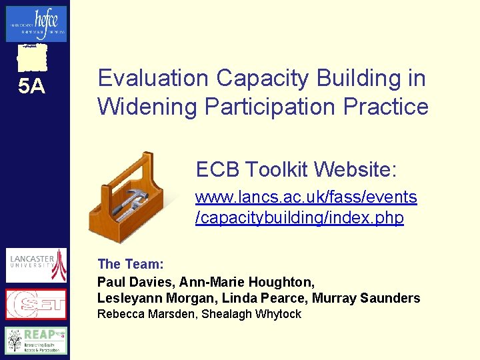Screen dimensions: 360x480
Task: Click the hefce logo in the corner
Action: (x=36, y=23)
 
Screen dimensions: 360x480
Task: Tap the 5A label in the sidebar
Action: (x=31, y=86)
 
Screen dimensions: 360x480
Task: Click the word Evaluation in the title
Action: (x=153, y=79)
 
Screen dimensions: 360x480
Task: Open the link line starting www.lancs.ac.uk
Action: (x=305, y=197)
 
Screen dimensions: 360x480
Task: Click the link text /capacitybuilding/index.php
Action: (x=299, y=219)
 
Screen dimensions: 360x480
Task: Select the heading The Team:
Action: (x=131, y=264)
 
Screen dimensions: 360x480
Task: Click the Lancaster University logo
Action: (x=36, y=265)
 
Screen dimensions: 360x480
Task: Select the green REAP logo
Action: (x=36, y=340)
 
